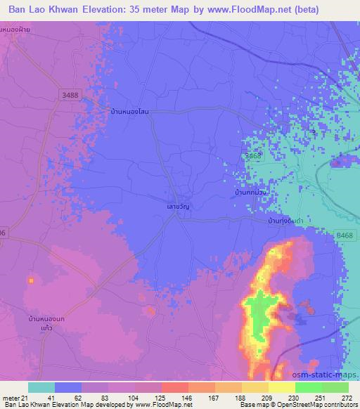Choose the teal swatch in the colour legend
coord(41,387)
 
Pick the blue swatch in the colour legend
coord(68,387)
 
